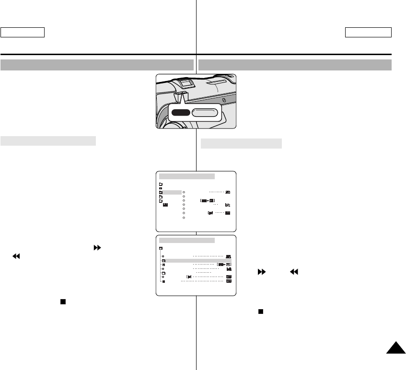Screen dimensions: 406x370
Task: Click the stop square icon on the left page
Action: click(x=62, y=303)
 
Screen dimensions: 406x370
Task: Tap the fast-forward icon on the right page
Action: click(x=262, y=271)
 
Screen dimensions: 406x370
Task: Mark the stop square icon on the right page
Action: click(x=261, y=311)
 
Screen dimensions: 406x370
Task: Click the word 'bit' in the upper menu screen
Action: click(x=227, y=205)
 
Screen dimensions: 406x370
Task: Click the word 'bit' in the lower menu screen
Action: click(x=229, y=270)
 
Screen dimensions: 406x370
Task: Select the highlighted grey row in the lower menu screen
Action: click(x=196, y=260)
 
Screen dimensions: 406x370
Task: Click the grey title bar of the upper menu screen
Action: click(x=187, y=176)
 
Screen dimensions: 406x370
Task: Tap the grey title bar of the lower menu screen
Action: click(x=187, y=240)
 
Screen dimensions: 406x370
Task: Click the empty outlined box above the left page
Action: click(x=23, y=32)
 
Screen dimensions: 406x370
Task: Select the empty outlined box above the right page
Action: click(x=368, y=32)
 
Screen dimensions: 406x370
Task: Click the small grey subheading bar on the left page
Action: click(x=48, y=140)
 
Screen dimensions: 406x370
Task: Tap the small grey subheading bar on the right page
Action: click(x=241, y=143)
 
